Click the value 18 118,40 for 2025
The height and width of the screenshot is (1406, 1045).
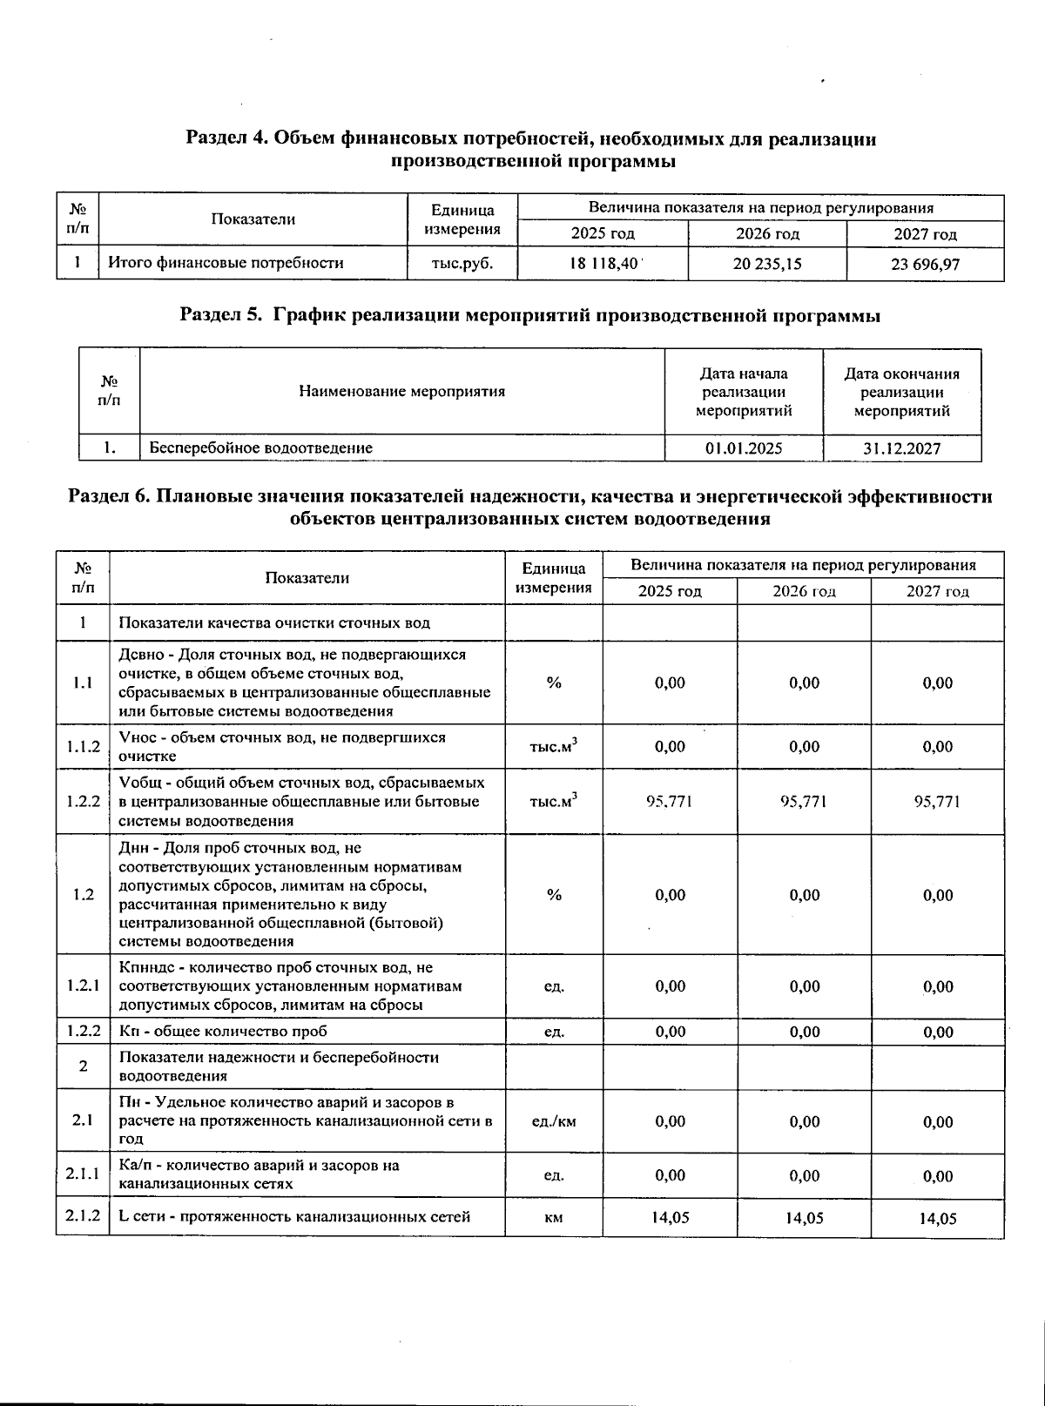(x=603, y=263)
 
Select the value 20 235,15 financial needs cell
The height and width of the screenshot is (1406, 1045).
(x=766, y=263)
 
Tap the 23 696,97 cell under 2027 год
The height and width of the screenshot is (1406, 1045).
(x=925, y=264)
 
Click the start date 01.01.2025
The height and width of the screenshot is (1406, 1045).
(x=743, y=448)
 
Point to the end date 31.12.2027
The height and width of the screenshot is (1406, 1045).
(x=901, y=448)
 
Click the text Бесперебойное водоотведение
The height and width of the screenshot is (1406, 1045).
(x=261, y=448)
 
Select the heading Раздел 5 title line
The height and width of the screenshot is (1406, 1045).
(x=529, y=316)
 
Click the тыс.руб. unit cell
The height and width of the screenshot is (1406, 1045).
(x=462, y=263)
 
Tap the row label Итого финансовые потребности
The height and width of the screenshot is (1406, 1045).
(x=226, y=263)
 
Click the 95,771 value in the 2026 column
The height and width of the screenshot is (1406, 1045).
(x=804, y=802)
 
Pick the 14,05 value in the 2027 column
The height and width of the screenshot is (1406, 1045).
(x=938, y=1218)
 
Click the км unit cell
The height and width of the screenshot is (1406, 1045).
(x=553, y=1217)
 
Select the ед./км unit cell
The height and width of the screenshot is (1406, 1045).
(x=553, y=1121)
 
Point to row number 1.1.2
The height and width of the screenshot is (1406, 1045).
(x=83, y=747)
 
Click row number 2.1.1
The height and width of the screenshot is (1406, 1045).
(x=83, y=1175)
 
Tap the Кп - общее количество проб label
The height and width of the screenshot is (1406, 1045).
(x=223, y=1032)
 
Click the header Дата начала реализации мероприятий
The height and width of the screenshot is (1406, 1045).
(x=744, y=392)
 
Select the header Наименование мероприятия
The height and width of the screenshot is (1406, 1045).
(x=401, y=392)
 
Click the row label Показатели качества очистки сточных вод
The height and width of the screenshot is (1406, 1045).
(x=274, y=623)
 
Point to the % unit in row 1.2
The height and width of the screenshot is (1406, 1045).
(x=553, y=895)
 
